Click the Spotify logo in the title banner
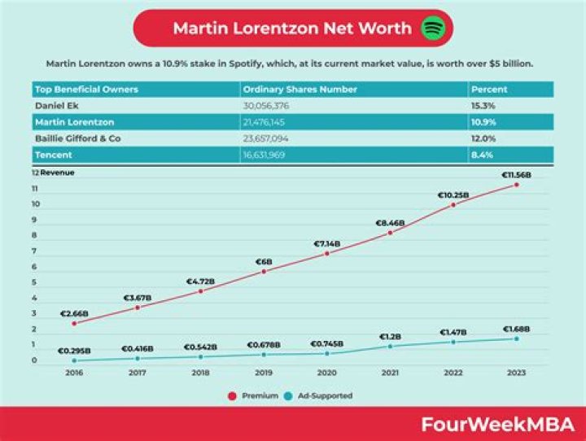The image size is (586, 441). [x=433, y=28]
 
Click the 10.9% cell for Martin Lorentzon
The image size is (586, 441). [x=484, y=122]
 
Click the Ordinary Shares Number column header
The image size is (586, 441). [x=291, y=89]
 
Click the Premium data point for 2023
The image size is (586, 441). [x=516, y=185]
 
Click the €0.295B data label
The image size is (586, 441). [x=74, y=351]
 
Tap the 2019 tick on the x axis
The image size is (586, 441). [x=263, y=373]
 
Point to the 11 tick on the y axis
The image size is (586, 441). [x=35, y=189]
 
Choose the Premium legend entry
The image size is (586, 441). [x=254, y=395]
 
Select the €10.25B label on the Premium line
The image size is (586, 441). [x=453, y=195]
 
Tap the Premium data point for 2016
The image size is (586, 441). [x=74, y=323]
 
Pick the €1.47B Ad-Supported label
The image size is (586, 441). [x=453, y=332]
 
